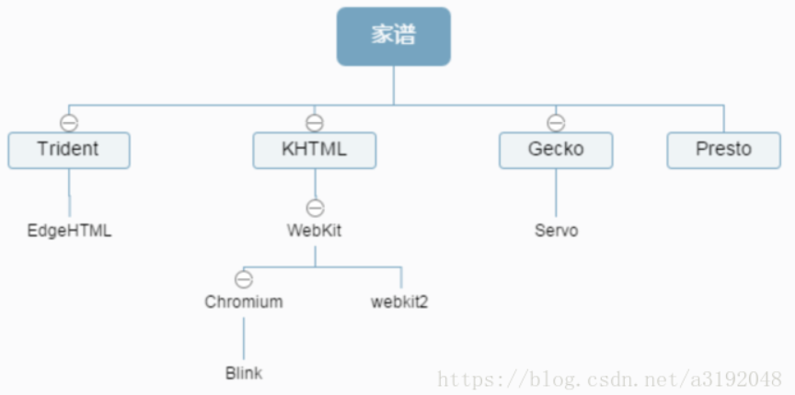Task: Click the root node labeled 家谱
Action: (394, 37)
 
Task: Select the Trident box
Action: (69, 150)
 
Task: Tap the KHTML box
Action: (315, 150)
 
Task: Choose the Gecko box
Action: (556, 150)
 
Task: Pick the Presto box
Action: (723, 150)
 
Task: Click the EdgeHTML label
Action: (69, 231)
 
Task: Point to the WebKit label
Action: (315, 231)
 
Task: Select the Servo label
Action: (556, 231)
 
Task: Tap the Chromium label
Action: (244, 301)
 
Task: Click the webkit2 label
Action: (399, 301)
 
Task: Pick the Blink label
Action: (244, 373)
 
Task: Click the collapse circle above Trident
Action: (69, 122)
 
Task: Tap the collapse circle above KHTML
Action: (315, 122)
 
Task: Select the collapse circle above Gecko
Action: (556, 122)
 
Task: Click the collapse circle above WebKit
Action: (315, 208)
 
